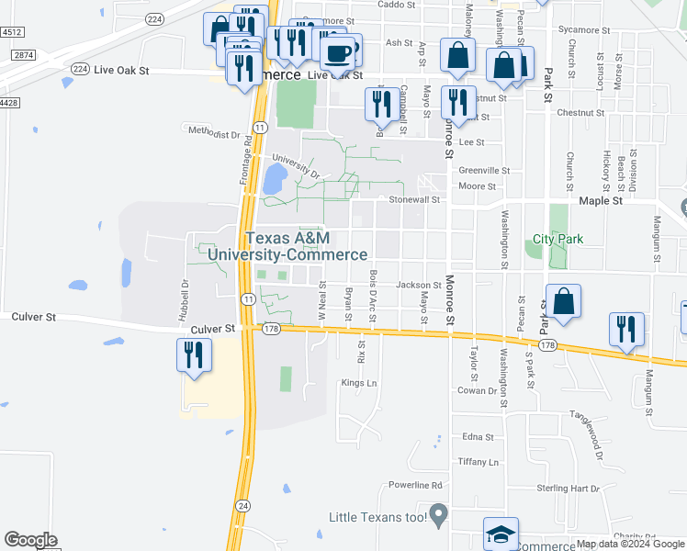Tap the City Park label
click(558, 240)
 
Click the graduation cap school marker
click(501, 534)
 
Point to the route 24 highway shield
click(242, 505)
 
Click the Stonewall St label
click(414, 198)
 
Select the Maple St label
click(601, 199)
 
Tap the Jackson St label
click(418, 285)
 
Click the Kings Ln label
click(359, 383)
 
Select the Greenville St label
click(484, 170)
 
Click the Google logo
click(30, 540)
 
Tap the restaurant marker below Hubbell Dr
click(194, 355)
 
